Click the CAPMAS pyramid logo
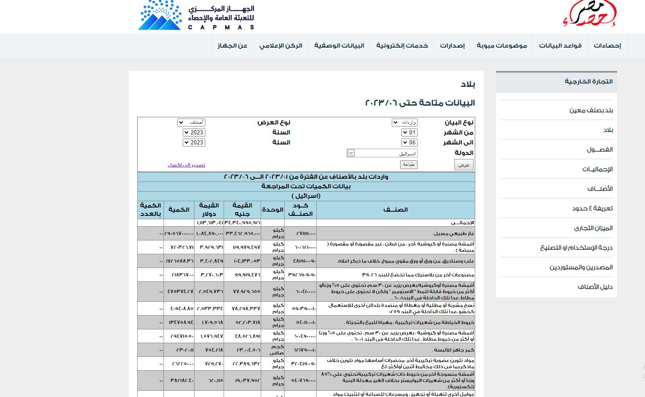tap(160, 16)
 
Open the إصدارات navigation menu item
tap(452, 46)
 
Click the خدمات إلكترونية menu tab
tap(402, 46)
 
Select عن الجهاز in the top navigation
tap(232, 46)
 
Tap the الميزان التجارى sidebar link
tap(593, 228)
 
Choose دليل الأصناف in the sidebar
tap(595, 287)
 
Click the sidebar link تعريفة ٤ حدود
tap(592, 208)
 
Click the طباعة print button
tap(409, 164)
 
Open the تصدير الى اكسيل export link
tap(186, 165)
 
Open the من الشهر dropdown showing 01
tap(410, 132)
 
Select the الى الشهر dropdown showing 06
tap(410, 142)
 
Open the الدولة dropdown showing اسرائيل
tap(382, 153)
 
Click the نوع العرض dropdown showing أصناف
tap(191, 122)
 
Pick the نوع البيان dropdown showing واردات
tap(405, 122)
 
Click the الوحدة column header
tap(272, 210)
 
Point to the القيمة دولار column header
tap(209, 210)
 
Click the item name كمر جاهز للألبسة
tap(454, 350)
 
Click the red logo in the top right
tap(590, 13)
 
